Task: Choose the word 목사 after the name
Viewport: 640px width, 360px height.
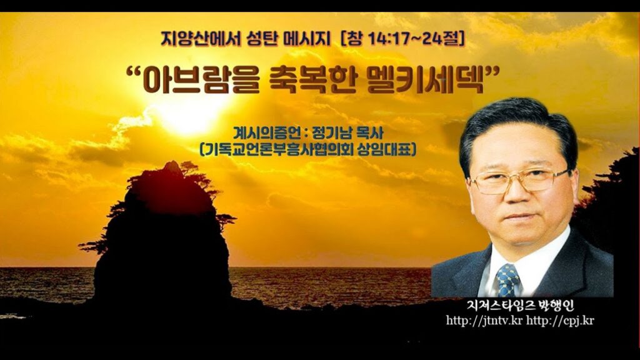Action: coord(369,132)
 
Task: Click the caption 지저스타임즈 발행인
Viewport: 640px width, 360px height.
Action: coord(521,305)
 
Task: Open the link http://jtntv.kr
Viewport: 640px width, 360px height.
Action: coord(484,320)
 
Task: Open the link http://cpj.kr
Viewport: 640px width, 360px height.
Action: coord(560,320)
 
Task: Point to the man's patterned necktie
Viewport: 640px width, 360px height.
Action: coord(507,279)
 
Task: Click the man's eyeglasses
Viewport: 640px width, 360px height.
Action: coord(521,180)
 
